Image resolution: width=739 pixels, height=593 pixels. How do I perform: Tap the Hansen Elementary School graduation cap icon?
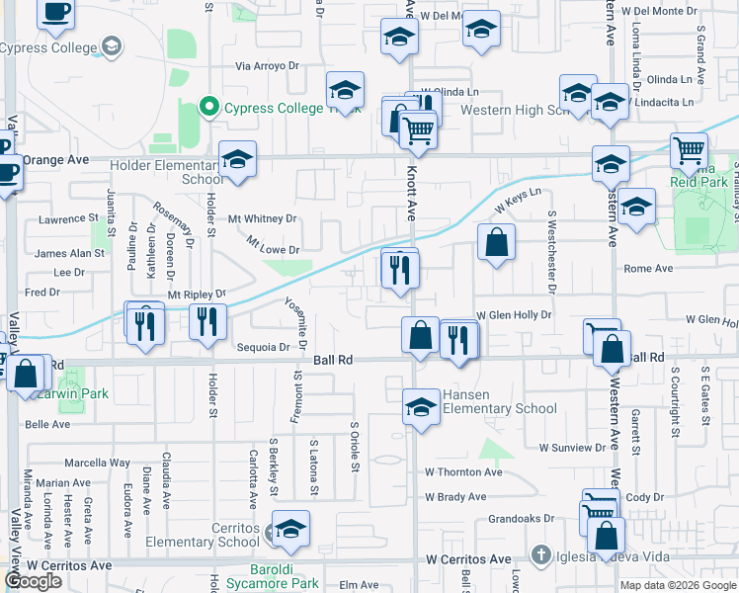[421, 406]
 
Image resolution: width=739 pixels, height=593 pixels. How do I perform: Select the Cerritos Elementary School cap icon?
[289, 530]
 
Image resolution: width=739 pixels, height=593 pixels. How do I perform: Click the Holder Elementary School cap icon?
[238, 160]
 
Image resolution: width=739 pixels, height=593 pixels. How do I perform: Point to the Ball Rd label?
[334, 362]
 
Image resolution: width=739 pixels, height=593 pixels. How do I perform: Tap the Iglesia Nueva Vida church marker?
[540, 555]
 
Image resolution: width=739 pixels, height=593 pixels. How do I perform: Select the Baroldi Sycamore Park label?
[271, 582]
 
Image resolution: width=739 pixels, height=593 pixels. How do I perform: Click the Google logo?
[33, 582]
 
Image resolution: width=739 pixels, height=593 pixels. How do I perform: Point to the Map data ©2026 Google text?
[677, 585]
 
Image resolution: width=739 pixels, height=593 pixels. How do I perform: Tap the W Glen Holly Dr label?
[513, 314]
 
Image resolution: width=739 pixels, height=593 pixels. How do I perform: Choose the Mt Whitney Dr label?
[262, 218]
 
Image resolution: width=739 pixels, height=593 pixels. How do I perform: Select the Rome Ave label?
[648, 268]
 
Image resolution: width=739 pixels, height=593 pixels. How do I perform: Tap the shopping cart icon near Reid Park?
[689, 151]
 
